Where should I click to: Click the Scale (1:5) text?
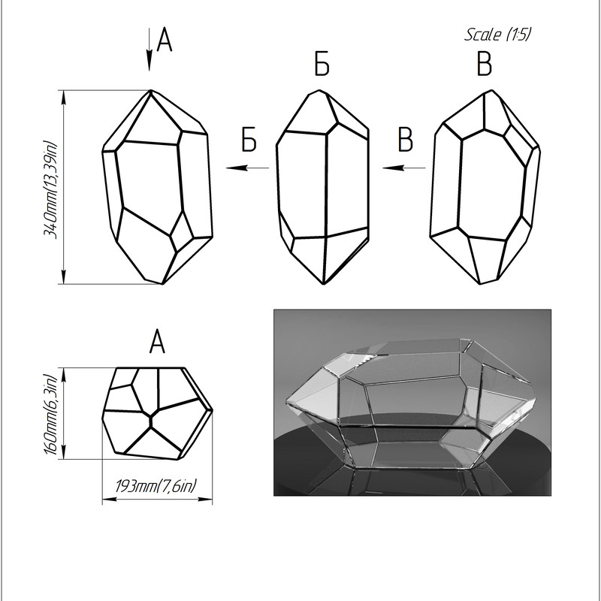497,35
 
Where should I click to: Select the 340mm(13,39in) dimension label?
50,190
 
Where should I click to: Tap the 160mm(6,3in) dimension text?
50,414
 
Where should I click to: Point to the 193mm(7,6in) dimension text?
156,486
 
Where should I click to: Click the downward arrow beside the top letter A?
149,50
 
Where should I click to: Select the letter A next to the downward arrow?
165,40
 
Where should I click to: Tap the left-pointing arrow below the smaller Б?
248,168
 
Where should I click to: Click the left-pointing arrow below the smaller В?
404,168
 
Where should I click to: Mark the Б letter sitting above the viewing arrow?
249,140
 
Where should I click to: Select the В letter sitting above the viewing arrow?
406,140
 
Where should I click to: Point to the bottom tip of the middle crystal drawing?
324,284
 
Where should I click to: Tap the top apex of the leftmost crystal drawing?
151,90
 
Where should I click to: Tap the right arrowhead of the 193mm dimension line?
205,499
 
